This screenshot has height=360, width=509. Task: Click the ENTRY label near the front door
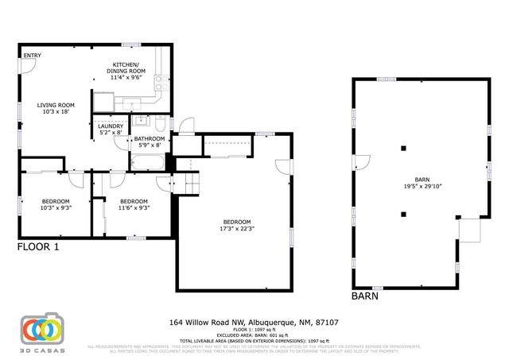[32, 56]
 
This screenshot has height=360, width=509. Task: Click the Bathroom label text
[149, 139]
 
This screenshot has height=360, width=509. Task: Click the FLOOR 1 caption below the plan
[38, 247]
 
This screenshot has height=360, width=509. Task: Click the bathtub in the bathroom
[147, 162]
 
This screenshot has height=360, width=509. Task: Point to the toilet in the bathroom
[161, 125]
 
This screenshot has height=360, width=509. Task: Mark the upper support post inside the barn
[404, 148]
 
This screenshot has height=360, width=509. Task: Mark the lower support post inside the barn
[404, 213]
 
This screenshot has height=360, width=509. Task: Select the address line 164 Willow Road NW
[254, 323]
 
